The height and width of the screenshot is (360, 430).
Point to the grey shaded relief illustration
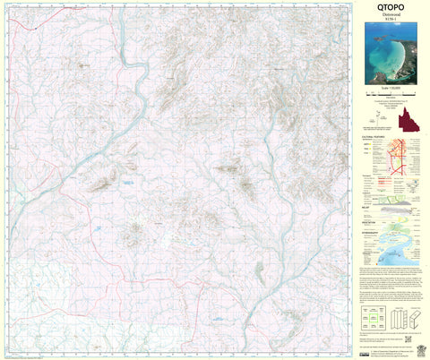pyautogui.click(x=399, y=207)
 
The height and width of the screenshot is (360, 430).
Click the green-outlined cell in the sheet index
pyautogui.click(x=375, y=318)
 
